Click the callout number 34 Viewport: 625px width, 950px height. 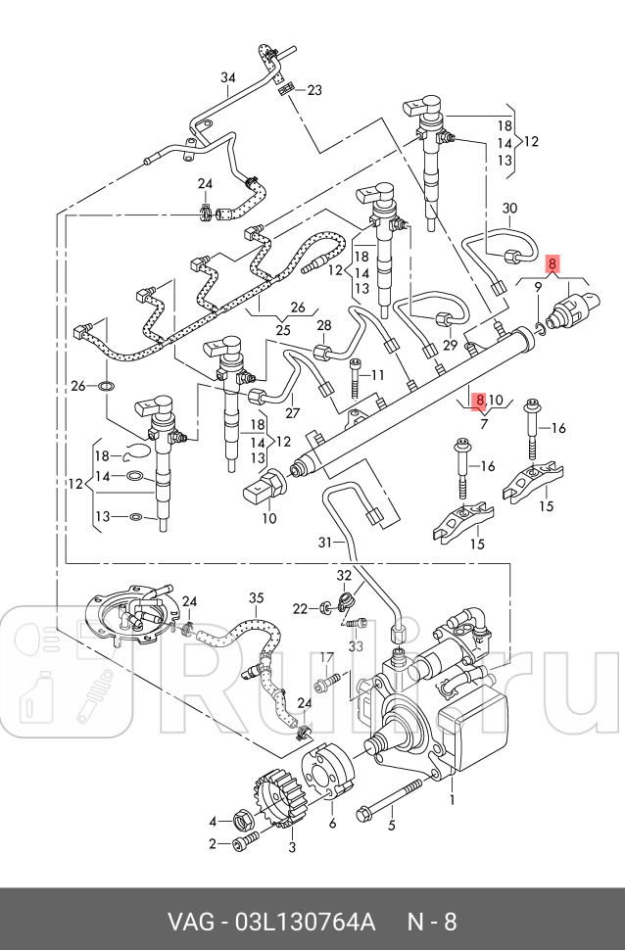click(228, 78)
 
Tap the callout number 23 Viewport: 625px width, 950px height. click(313, 90)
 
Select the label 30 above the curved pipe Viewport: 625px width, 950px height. click(509, 209)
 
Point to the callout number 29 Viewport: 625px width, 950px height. click(450, 346)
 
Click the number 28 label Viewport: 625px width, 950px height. click(323, 325)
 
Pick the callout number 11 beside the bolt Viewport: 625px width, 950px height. click(378, 376)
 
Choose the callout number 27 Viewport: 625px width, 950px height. click(293, 414)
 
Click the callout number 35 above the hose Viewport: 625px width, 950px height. click(256, 598)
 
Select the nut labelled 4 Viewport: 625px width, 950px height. click(240, 818)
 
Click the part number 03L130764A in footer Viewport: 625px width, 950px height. click(305, 923)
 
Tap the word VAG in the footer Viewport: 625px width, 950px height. click(188, 923)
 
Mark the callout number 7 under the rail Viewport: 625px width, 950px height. click(483, 423)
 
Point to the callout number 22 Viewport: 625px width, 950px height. click(301, 609)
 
